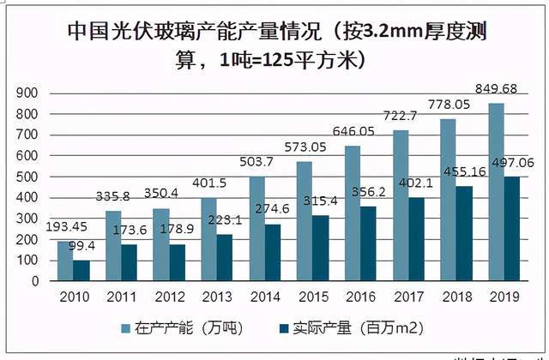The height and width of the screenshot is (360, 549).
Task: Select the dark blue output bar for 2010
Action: pos(80,270)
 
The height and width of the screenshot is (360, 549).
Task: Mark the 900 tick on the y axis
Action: pos(30,93)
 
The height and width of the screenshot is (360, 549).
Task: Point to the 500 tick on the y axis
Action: pos(30,177)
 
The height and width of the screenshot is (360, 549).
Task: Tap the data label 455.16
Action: pos(465,172)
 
